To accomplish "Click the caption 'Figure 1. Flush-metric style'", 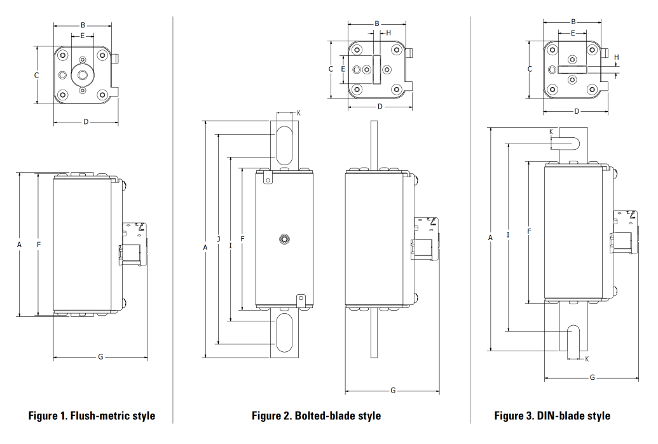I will [x=92, y=416].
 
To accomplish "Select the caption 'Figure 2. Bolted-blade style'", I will [x=316, y=416].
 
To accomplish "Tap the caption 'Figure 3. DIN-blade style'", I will [x=552, y=416].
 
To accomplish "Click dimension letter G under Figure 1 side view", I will [x=100, y=357].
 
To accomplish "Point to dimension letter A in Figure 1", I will [x=20, y=244].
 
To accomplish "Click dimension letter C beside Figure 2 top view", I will [x=331, y=69].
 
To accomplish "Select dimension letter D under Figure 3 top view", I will [x=577, y=111].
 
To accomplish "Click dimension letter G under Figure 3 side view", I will [x=593, y=377].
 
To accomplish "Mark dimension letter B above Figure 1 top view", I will [x=83, y=25].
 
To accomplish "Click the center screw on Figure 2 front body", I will [x=284, y=239].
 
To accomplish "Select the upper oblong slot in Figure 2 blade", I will [x=284, y=143].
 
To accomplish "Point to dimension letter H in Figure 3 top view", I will [x=616, y=57].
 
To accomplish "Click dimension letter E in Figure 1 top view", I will [x=82, y=36].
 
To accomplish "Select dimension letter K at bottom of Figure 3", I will [x=586, y=359].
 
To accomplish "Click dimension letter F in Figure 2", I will [x=242, y=239].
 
